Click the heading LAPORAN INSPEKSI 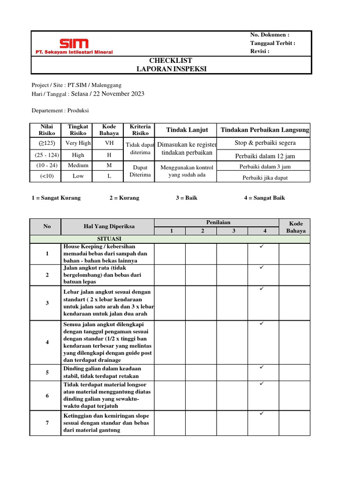coord(171,69)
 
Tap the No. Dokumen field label coord(270,35)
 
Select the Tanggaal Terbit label coord(273,43)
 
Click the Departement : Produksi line coord(60,111)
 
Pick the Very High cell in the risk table coord(78,143)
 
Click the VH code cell coord(109,143)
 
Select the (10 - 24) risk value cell coord(47,165)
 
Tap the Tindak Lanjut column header coord(187,130)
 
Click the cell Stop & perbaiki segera coord(265,143)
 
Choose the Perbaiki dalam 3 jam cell coord(265,167)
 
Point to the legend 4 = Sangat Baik coord(264,198)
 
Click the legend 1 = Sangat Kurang coord(56,198)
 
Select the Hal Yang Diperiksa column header coord(109,226)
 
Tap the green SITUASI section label coord(109,239)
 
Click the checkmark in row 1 coord(262,246)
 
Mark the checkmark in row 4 coord(262,324)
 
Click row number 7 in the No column coord(47,423)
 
